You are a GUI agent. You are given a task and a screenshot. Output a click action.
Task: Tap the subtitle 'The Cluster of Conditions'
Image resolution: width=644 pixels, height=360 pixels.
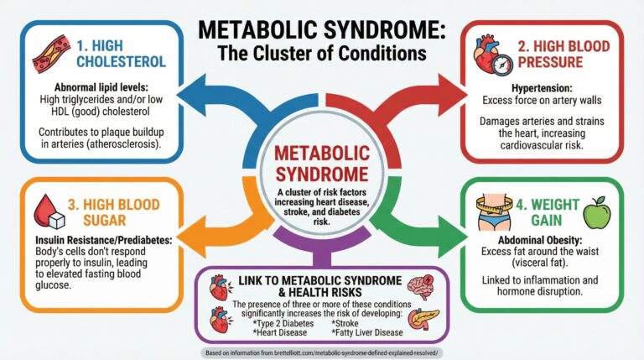point(321,52)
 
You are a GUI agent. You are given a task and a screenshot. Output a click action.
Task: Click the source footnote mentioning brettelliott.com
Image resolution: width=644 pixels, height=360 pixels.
point(321,353)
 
